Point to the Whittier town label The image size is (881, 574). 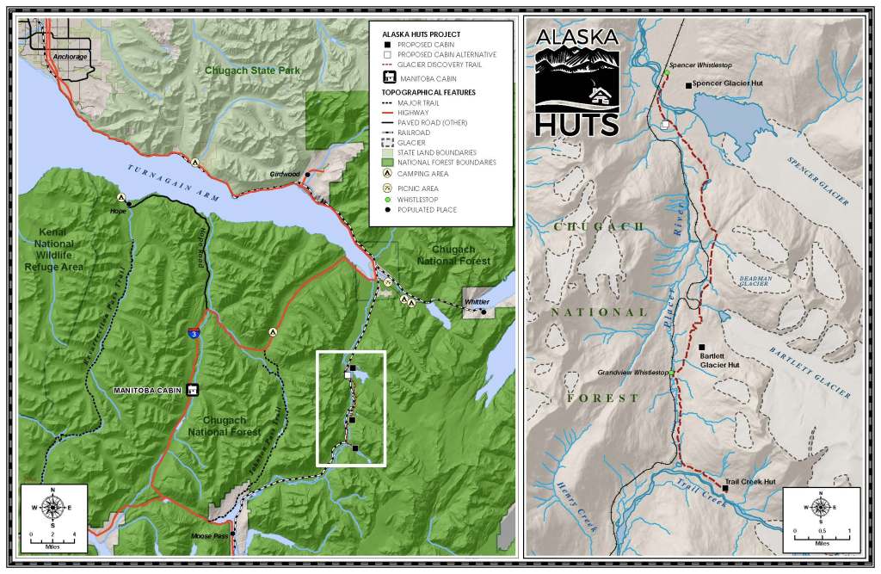(476, 302)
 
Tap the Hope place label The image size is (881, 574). (118, 209)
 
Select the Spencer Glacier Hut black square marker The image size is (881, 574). (687, 84)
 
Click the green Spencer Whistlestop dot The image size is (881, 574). (667, 73)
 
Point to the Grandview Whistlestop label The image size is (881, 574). (632, 373)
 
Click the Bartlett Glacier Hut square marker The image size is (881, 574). (702, 346)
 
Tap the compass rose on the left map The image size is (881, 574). (52, 508)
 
